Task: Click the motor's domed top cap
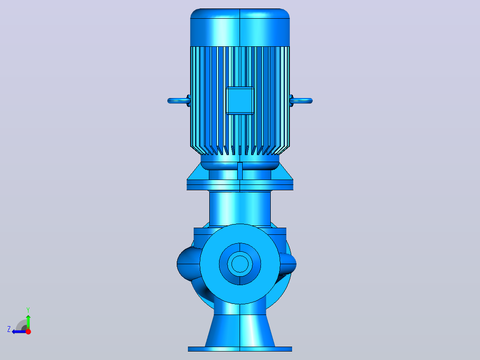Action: [x=240, y=28]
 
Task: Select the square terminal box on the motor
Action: [x=240, y=101]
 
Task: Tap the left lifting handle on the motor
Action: [x=179, y=101]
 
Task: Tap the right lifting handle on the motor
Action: [x=301, y=101]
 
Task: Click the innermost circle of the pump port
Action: [x=240, y=264]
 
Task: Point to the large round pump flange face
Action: [x=240, y=264]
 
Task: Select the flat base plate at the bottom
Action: [x=240, y=349]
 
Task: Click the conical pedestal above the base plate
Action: [x=240, y=331]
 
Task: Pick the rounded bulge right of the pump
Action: [x=288, y=264]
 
